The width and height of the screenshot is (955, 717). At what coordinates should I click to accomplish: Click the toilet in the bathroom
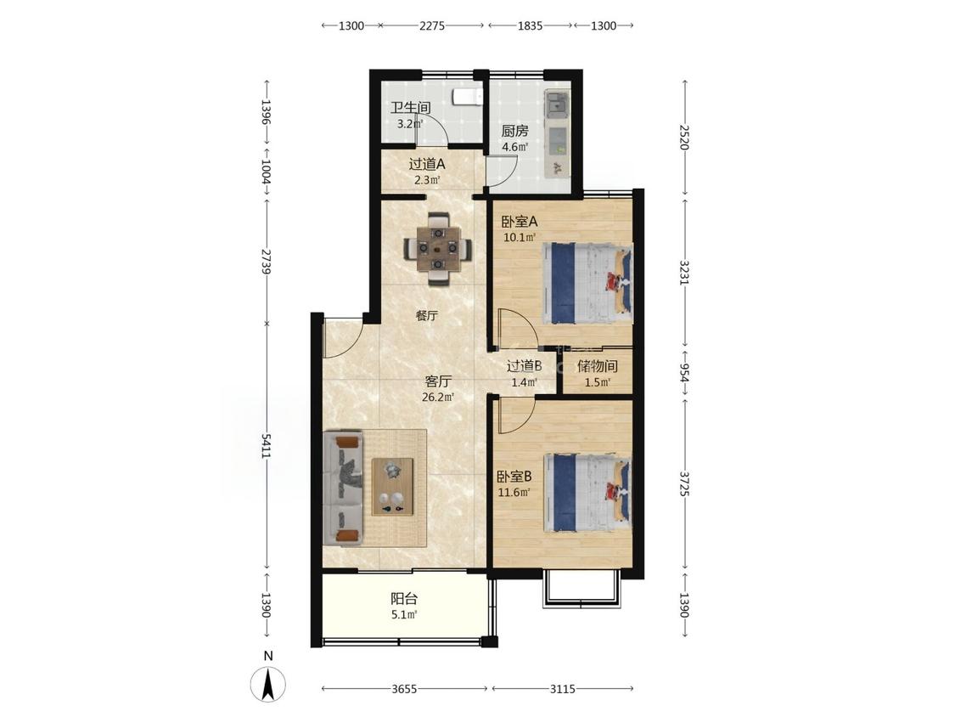click(468, 97)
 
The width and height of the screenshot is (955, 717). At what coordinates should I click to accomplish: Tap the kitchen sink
click(557, 104)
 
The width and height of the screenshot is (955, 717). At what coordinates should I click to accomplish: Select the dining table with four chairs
click(438, 248)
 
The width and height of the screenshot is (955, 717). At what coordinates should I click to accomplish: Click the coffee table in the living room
click(393, 486)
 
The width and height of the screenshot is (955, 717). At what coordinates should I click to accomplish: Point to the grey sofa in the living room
click(343, 488)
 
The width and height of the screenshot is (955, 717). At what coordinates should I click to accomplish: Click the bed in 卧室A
click(587, 283)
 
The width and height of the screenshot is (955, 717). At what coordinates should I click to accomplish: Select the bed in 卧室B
click(587, 492)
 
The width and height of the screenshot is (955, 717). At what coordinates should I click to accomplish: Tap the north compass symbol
click(268, 684)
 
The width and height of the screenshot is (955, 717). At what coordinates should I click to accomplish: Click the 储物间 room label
click(598, 366)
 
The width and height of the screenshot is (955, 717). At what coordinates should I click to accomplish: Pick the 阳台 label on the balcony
click(404, 599)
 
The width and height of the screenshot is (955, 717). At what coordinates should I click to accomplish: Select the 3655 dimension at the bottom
click(404, 689)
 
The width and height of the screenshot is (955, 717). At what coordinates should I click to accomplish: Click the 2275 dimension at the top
click(432, 25)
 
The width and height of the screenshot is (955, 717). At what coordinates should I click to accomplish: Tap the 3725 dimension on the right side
click(685, 483)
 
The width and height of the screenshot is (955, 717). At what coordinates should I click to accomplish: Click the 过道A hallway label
click(426, 164)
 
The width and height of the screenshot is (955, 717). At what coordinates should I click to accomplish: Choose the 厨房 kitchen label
click(514, 131)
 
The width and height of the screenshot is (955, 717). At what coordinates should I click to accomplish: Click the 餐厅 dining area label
click(427, 316)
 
